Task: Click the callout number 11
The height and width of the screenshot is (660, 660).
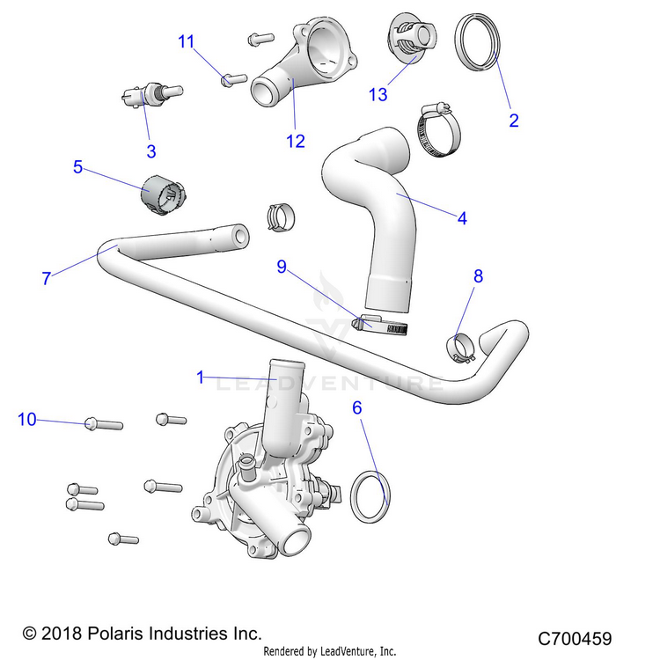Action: tap(186, 41)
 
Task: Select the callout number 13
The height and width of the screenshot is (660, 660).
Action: tap(378, 95)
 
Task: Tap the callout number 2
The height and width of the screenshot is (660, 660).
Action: tap(514, 121)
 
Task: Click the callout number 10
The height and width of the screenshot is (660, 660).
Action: tap(27, 420)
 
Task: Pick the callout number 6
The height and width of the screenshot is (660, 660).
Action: tap(357, 407)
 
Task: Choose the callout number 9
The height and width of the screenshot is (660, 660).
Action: tap(282, 265)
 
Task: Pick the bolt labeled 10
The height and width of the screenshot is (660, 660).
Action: tap(102, 425)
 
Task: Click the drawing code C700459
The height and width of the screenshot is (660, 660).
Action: tap(575, 639)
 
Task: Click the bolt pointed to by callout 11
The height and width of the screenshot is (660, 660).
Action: tap(233, 79)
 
